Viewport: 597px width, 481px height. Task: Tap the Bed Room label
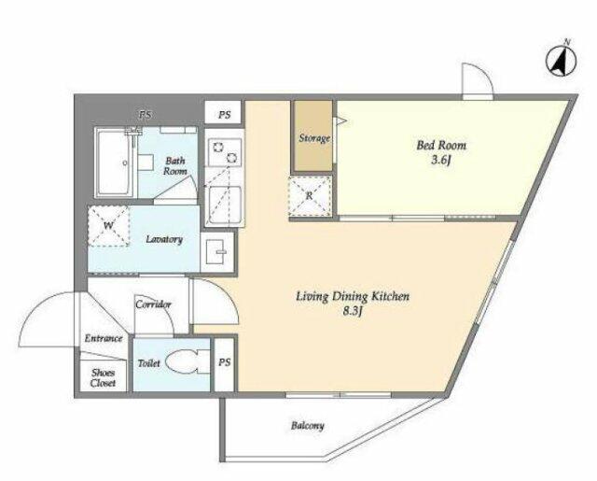pyautogui.click(x=441, y=146)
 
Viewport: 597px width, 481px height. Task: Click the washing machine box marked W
pyautogui.click(x=109, y=226)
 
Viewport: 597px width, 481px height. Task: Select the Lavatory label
pyautogui.click(x=164, y=239)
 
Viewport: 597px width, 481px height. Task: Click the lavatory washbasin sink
pyautogui.click(x=216, y=253)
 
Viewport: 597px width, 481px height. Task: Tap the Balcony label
pyautogui.click(x=306, y=426)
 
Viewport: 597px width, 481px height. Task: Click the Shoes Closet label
pyautogui.click(x=103, y=378)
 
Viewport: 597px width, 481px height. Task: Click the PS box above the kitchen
pyautogui.click(x=225, y=115)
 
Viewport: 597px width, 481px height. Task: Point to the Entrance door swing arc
pyautogui.click(x=47, y=318)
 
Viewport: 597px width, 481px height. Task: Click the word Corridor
pyautogui.click(x=153, y=304)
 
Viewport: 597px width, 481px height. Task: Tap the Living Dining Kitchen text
pyautogui.click(x=353, y=298)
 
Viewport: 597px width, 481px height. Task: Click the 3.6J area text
pyautogui.click(x=441, y=161)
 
